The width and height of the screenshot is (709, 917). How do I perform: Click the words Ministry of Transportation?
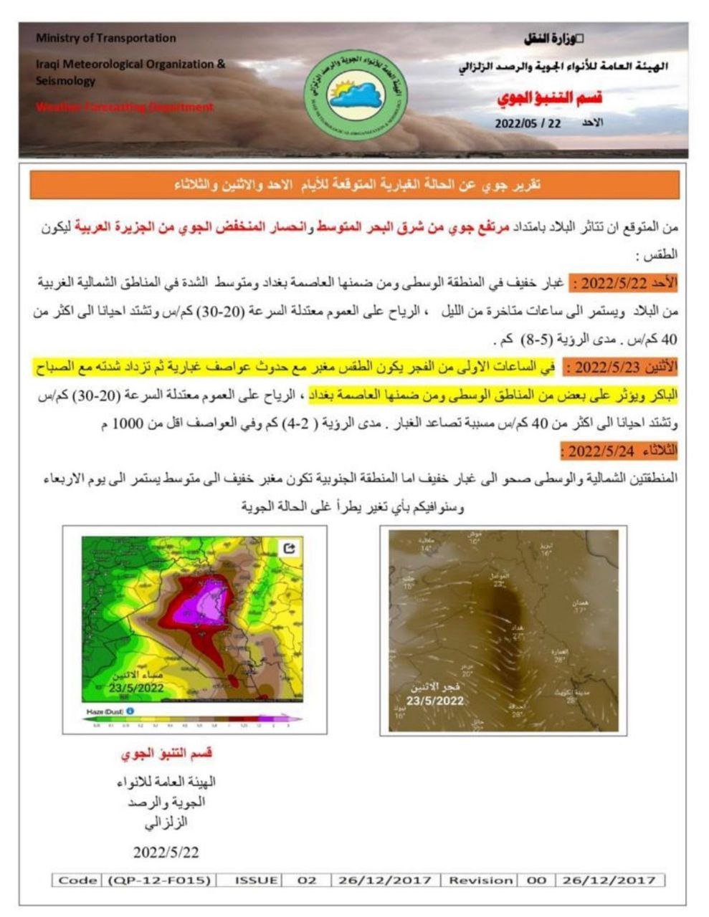coord(105,38)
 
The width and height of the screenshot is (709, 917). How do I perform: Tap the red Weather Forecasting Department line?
coord(125,107)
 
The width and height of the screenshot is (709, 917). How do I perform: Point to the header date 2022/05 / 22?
coord(528,123)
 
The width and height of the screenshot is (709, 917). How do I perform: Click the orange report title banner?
coord(354,185)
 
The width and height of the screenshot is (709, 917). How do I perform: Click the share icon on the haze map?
coord(290,548)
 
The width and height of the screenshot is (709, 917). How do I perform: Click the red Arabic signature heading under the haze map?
coord(166,754)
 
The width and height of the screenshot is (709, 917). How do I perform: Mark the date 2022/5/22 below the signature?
coord(166,852)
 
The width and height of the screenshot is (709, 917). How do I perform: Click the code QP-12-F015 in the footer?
coord(159,880)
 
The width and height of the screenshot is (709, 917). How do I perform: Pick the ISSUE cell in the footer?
coord(256,880)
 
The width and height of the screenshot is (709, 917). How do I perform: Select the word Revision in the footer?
coord(480,880)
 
